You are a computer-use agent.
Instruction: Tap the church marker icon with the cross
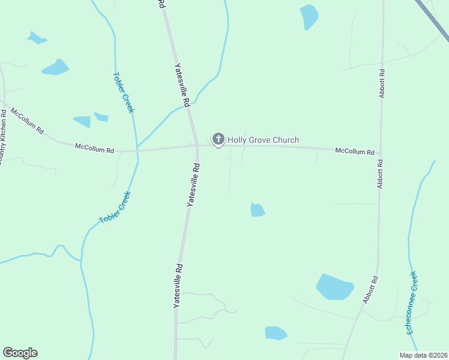(218, 140)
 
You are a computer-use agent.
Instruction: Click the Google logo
(20, 353)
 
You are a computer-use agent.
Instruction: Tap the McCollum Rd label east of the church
(355, 152)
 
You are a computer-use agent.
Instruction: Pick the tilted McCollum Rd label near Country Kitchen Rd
(28, 121)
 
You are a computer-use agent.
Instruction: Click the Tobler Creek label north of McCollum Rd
(123, 93)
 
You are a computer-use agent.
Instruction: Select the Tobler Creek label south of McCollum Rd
(115, 208)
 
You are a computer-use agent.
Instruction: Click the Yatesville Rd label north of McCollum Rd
(182, 85)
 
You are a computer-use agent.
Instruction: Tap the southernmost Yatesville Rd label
(177, 286)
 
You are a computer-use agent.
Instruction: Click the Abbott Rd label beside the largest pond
(370, 289)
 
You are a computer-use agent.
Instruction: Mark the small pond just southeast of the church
(258, 210)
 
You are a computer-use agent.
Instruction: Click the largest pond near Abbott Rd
(334, 287)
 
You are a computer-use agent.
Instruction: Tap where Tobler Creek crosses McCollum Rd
(137, 148)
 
